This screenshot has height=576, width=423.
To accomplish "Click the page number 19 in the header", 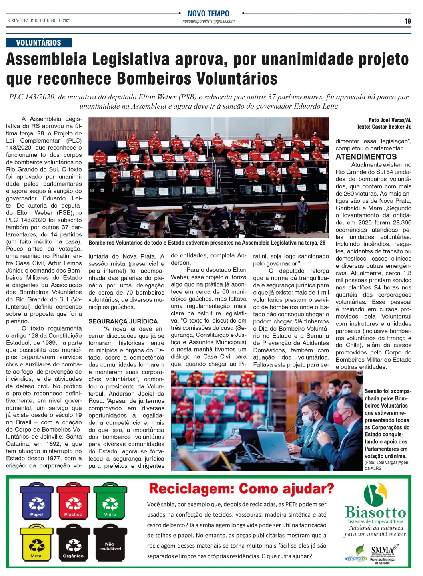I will [407, 21].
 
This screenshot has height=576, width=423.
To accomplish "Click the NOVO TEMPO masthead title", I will [208, 14].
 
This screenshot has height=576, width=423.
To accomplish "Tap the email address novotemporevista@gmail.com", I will [208, 22].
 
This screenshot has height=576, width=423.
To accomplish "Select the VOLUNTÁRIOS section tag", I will [39, 43].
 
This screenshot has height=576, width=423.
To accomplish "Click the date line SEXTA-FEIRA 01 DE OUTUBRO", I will [39, 20].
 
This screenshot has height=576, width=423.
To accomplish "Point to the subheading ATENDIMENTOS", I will [366, 157].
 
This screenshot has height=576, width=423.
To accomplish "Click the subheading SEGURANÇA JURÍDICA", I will [123, 321].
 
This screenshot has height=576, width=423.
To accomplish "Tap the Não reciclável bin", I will [110, 544].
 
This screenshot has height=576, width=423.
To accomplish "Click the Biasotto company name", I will [375, 512].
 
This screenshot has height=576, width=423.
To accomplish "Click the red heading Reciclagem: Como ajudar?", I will [241, 489].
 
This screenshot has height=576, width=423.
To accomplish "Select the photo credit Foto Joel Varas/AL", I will [390, 120].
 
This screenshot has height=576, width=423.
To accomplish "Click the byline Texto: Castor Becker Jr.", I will [384, 127].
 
